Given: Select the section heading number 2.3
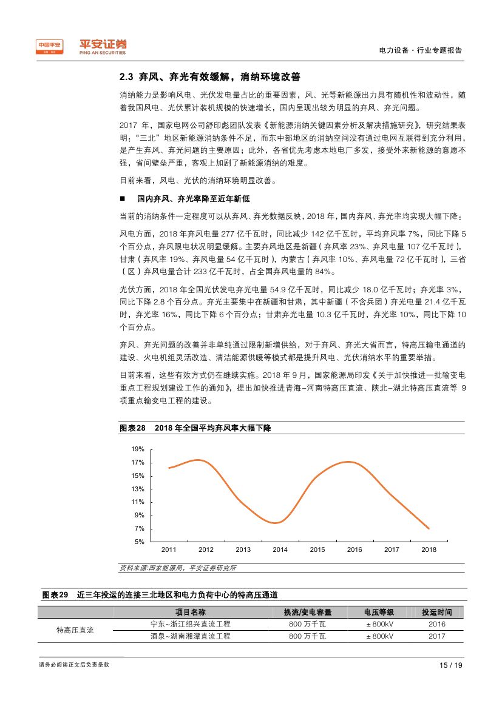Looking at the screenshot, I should pyautogui.click(x=126, y=78).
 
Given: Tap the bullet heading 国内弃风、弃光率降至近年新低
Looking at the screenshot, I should pyautogui.click(x=193, y=198).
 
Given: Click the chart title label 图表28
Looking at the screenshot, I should pyautogui.click(x=132, y=428).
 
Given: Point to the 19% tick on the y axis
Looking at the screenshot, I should pyautogui.click(x=138, y=449).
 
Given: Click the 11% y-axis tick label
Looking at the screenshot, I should pyautogui.click(x=138, y=502).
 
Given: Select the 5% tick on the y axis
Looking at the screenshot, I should pyautogui.click(x=139, y=542).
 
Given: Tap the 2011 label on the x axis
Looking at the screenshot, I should pyautogui.click(x=168, y=549).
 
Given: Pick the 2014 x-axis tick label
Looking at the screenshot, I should pyautogui.click(x=280, y=549).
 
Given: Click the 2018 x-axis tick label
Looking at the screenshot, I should pyautogui.click(x=429, y=549).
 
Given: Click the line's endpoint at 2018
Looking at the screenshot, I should pyautogui.click(x=429, y=528).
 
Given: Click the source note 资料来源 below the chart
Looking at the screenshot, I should pyautogui.click(x=178, y=568).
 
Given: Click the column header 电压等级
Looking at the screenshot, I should pyautogui.click(x=379, y=613).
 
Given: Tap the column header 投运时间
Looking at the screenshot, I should pyautogui.click(x=436, y=613).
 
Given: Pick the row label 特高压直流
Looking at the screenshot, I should pyautogui.click(x=75, y=630).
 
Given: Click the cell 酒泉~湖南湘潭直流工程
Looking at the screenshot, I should pyautogui.click(x=191, y=636).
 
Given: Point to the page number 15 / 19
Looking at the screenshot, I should pyautogui.click(x=450, y=665).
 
